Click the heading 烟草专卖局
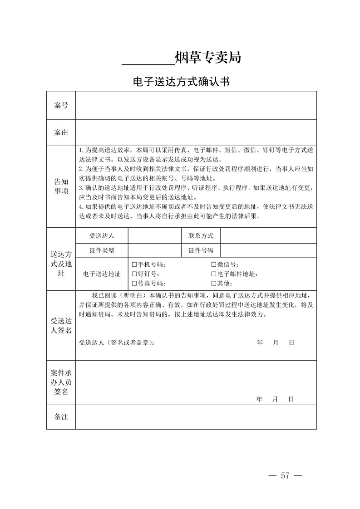207,58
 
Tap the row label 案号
61,106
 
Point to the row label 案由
61,132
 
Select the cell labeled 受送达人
102,235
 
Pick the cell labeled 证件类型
102,250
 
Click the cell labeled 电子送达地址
102,274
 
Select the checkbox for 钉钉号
134,274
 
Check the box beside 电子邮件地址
214,274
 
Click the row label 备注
61,416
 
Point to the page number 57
285,475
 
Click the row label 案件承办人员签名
61,382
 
